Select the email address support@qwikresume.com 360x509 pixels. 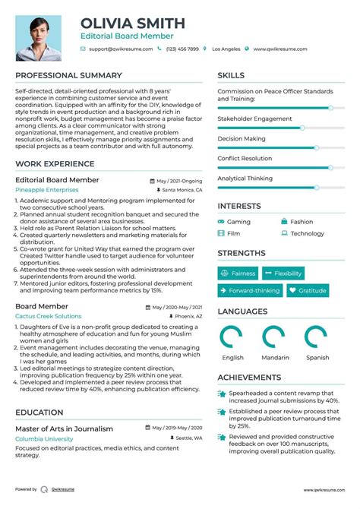(121, 49)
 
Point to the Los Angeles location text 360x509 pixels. (226, 49)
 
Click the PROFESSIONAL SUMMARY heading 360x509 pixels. (68, 75)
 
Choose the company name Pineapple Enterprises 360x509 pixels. (46, 190)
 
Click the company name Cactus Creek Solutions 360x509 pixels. (49, 316)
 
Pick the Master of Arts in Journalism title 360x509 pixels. (65, 428)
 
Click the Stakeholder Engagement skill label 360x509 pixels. (254, 119)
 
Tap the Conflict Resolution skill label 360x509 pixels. (245, 158)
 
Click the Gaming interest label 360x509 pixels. (238, 222)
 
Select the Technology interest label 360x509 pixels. (307, 234)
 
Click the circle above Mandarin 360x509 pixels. (273, 337)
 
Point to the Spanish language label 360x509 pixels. (317, 358)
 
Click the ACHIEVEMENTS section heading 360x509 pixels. (249, 377)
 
